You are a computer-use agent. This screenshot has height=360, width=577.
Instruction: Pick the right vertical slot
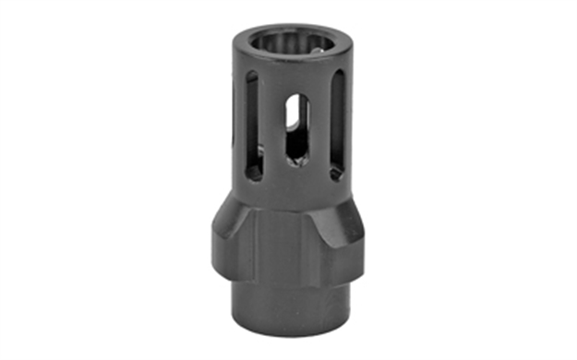point(337,125)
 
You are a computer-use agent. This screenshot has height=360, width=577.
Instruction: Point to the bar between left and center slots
point(270,129)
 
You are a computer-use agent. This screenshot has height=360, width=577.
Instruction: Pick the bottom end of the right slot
point(337,171)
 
